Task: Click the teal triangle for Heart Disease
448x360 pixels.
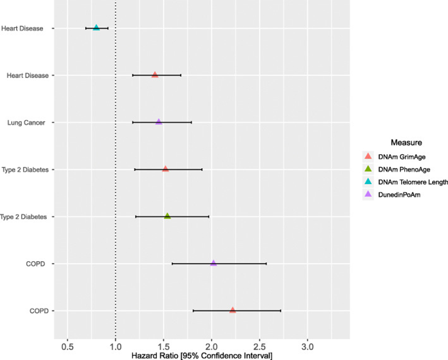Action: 96,28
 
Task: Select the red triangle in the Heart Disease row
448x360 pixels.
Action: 155,75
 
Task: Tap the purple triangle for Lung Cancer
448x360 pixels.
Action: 159,122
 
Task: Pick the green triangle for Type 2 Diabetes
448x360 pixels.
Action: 167,216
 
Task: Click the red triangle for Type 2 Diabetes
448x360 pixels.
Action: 165,169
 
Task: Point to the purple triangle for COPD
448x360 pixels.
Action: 213,263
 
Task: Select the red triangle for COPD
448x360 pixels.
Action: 233,310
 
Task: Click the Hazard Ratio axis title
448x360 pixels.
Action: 202,356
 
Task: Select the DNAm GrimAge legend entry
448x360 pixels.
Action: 398,157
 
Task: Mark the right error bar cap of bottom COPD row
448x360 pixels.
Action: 280,311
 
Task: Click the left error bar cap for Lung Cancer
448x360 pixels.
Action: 133,122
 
